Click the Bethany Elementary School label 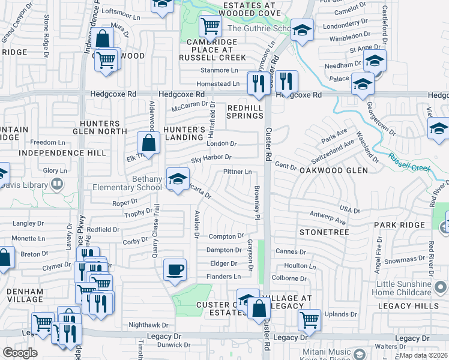127,183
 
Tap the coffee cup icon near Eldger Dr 175,270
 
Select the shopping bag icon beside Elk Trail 148,143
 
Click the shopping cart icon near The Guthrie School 211,26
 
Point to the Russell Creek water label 410,164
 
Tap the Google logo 20,352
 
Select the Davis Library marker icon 58,185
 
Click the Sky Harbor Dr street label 211,158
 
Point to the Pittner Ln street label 237,172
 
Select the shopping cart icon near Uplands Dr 309,320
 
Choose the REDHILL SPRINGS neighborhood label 246,112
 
